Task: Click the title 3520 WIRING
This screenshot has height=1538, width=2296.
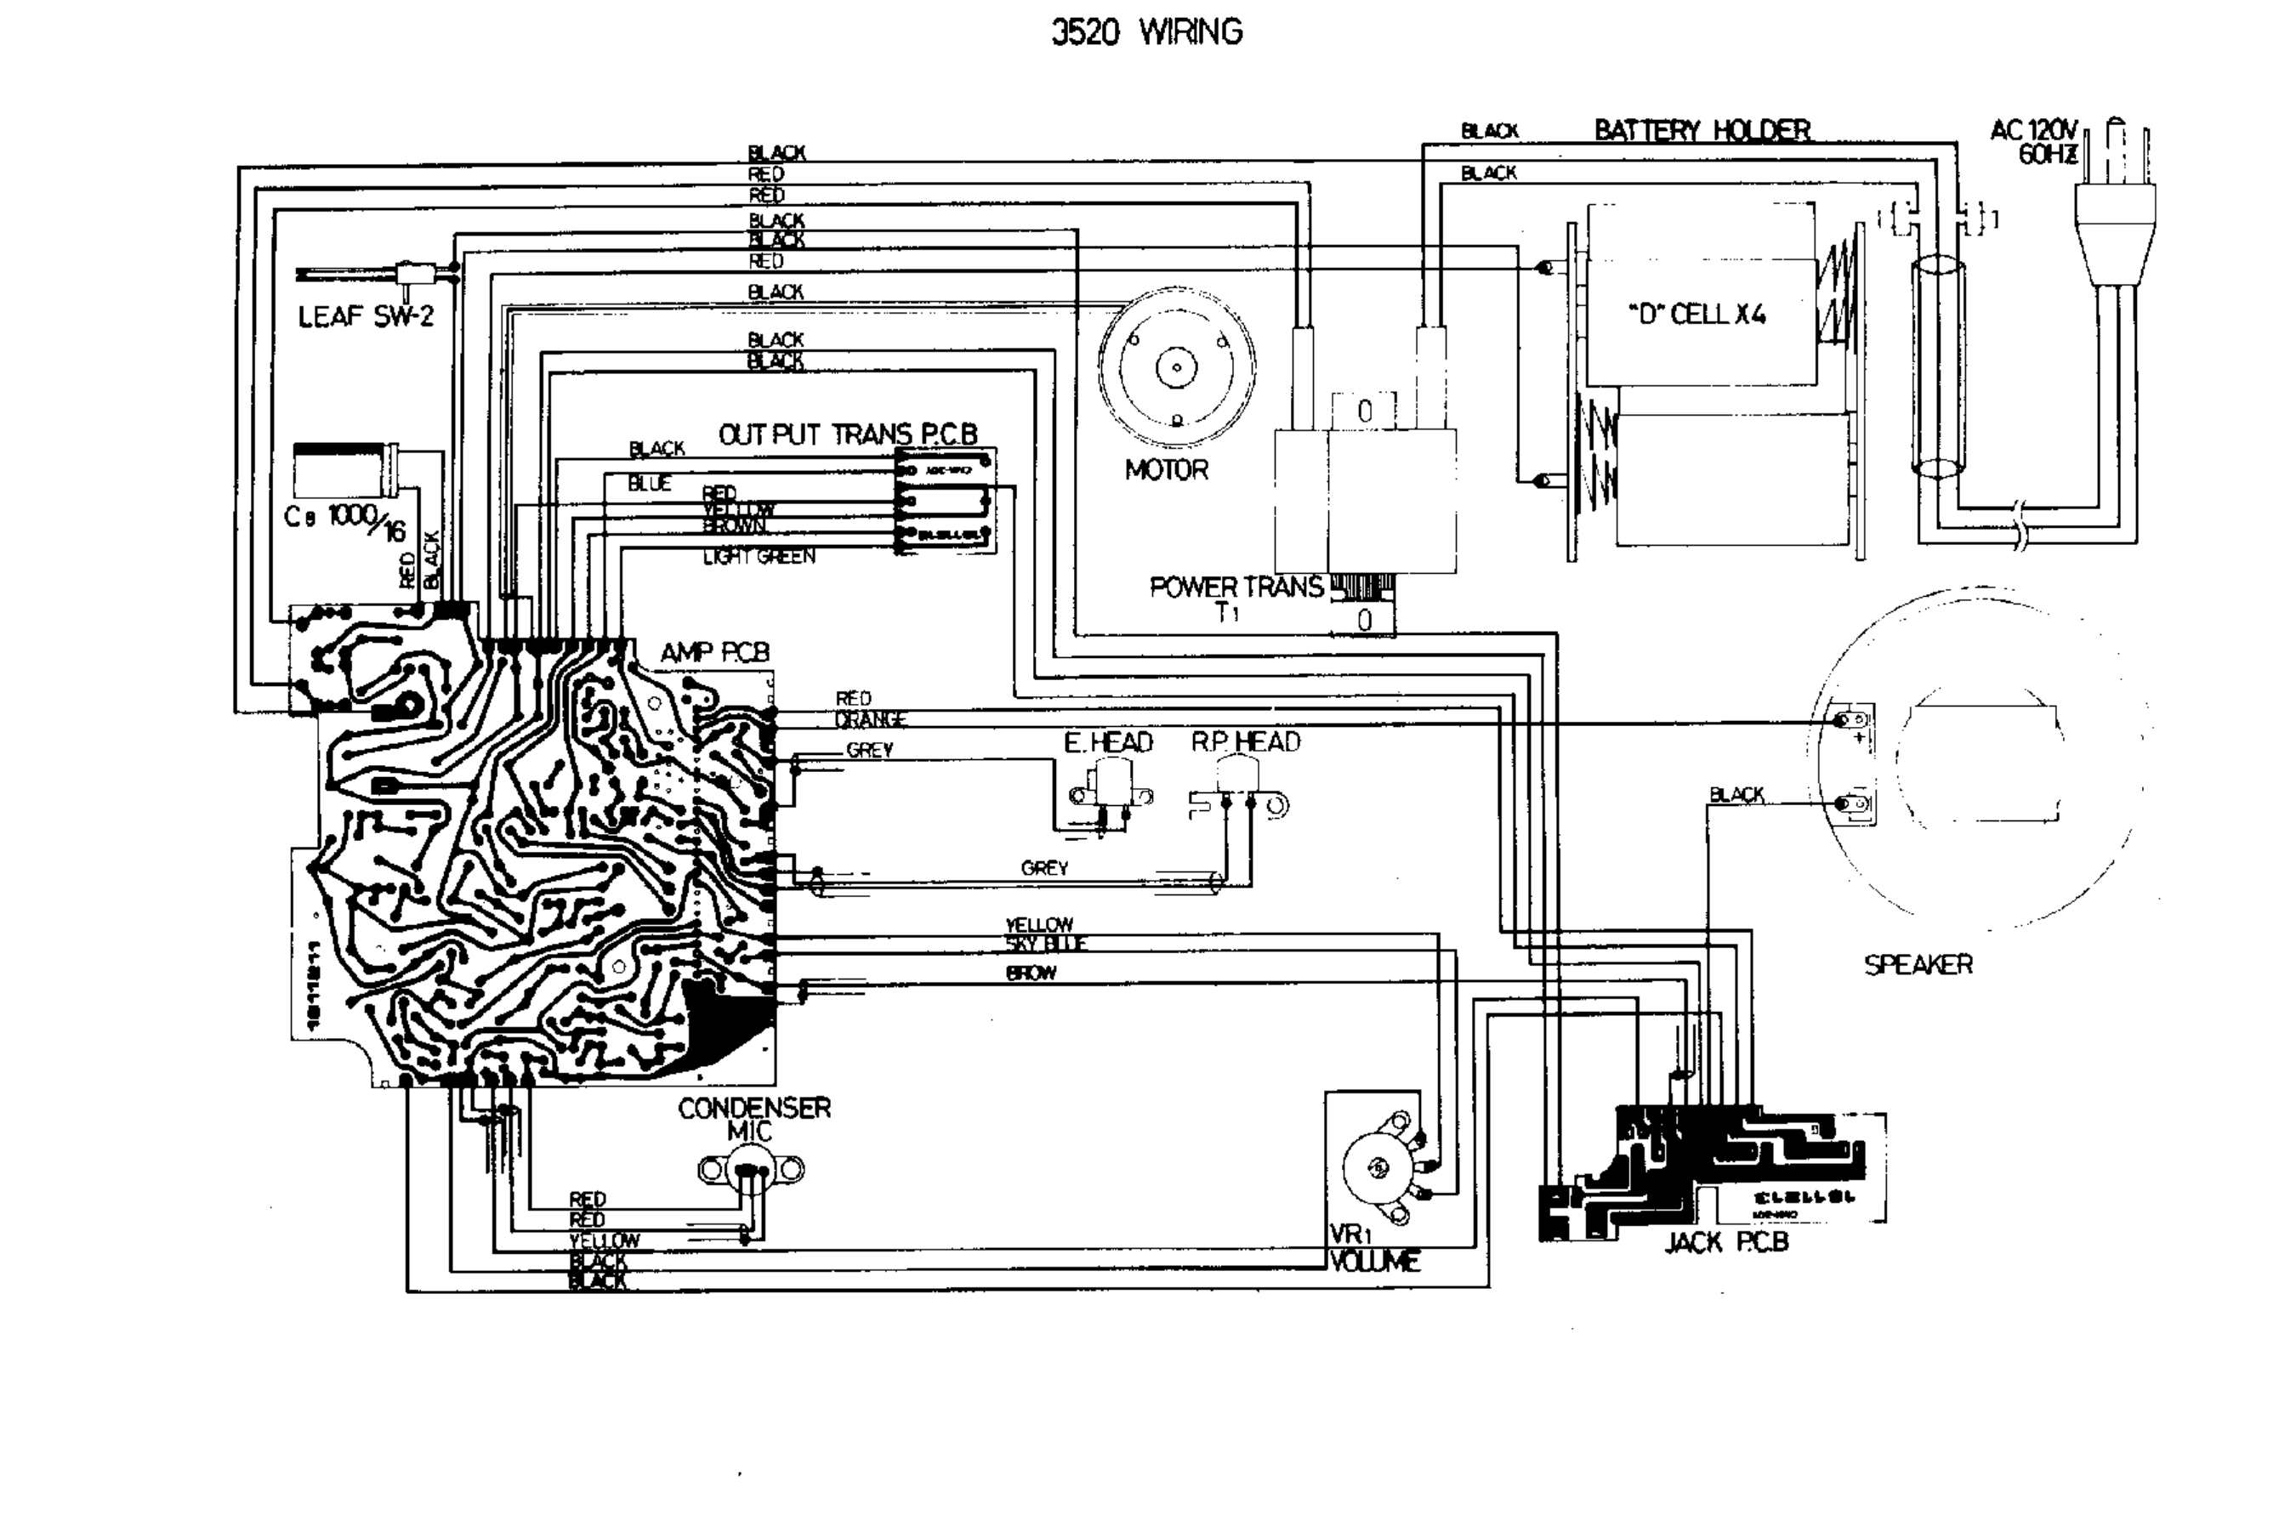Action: point(1145,32)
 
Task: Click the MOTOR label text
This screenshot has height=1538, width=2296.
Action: point(1166,470)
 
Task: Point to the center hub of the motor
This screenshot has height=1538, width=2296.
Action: point(1176,369)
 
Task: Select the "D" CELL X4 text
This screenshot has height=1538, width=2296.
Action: point(1696,315)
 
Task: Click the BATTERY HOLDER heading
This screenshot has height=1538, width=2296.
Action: point(1702,130)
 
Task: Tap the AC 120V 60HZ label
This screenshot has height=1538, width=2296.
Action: point(2034,143)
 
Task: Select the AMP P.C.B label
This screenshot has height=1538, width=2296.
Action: point(715,652)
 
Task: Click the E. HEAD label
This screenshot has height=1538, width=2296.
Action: point(1108,742)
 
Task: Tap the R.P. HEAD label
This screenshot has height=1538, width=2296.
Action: point(1245,742)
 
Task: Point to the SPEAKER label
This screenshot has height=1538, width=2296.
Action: point(1918,965)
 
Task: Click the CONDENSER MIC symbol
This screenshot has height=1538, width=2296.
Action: point(751,1169)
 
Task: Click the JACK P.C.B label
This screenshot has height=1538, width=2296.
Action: point(1726,1243)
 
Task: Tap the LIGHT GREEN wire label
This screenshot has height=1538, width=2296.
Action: point(759,557)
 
